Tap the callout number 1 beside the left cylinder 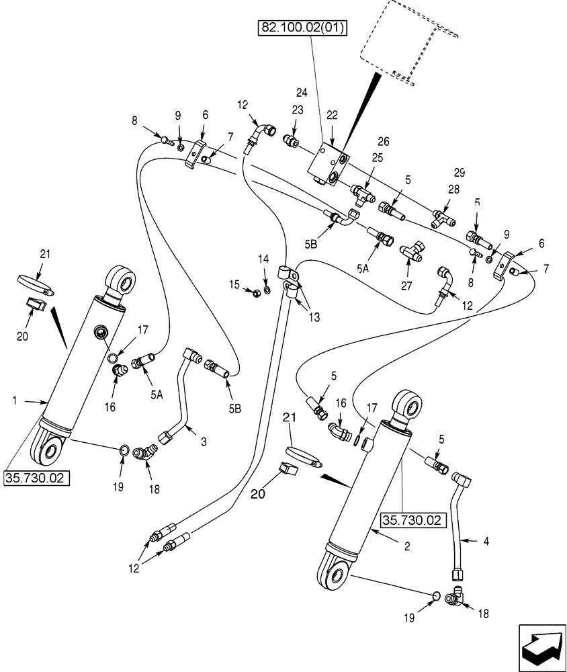pos(14,401)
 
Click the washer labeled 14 pos(267,290)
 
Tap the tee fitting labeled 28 pos(445,218)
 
